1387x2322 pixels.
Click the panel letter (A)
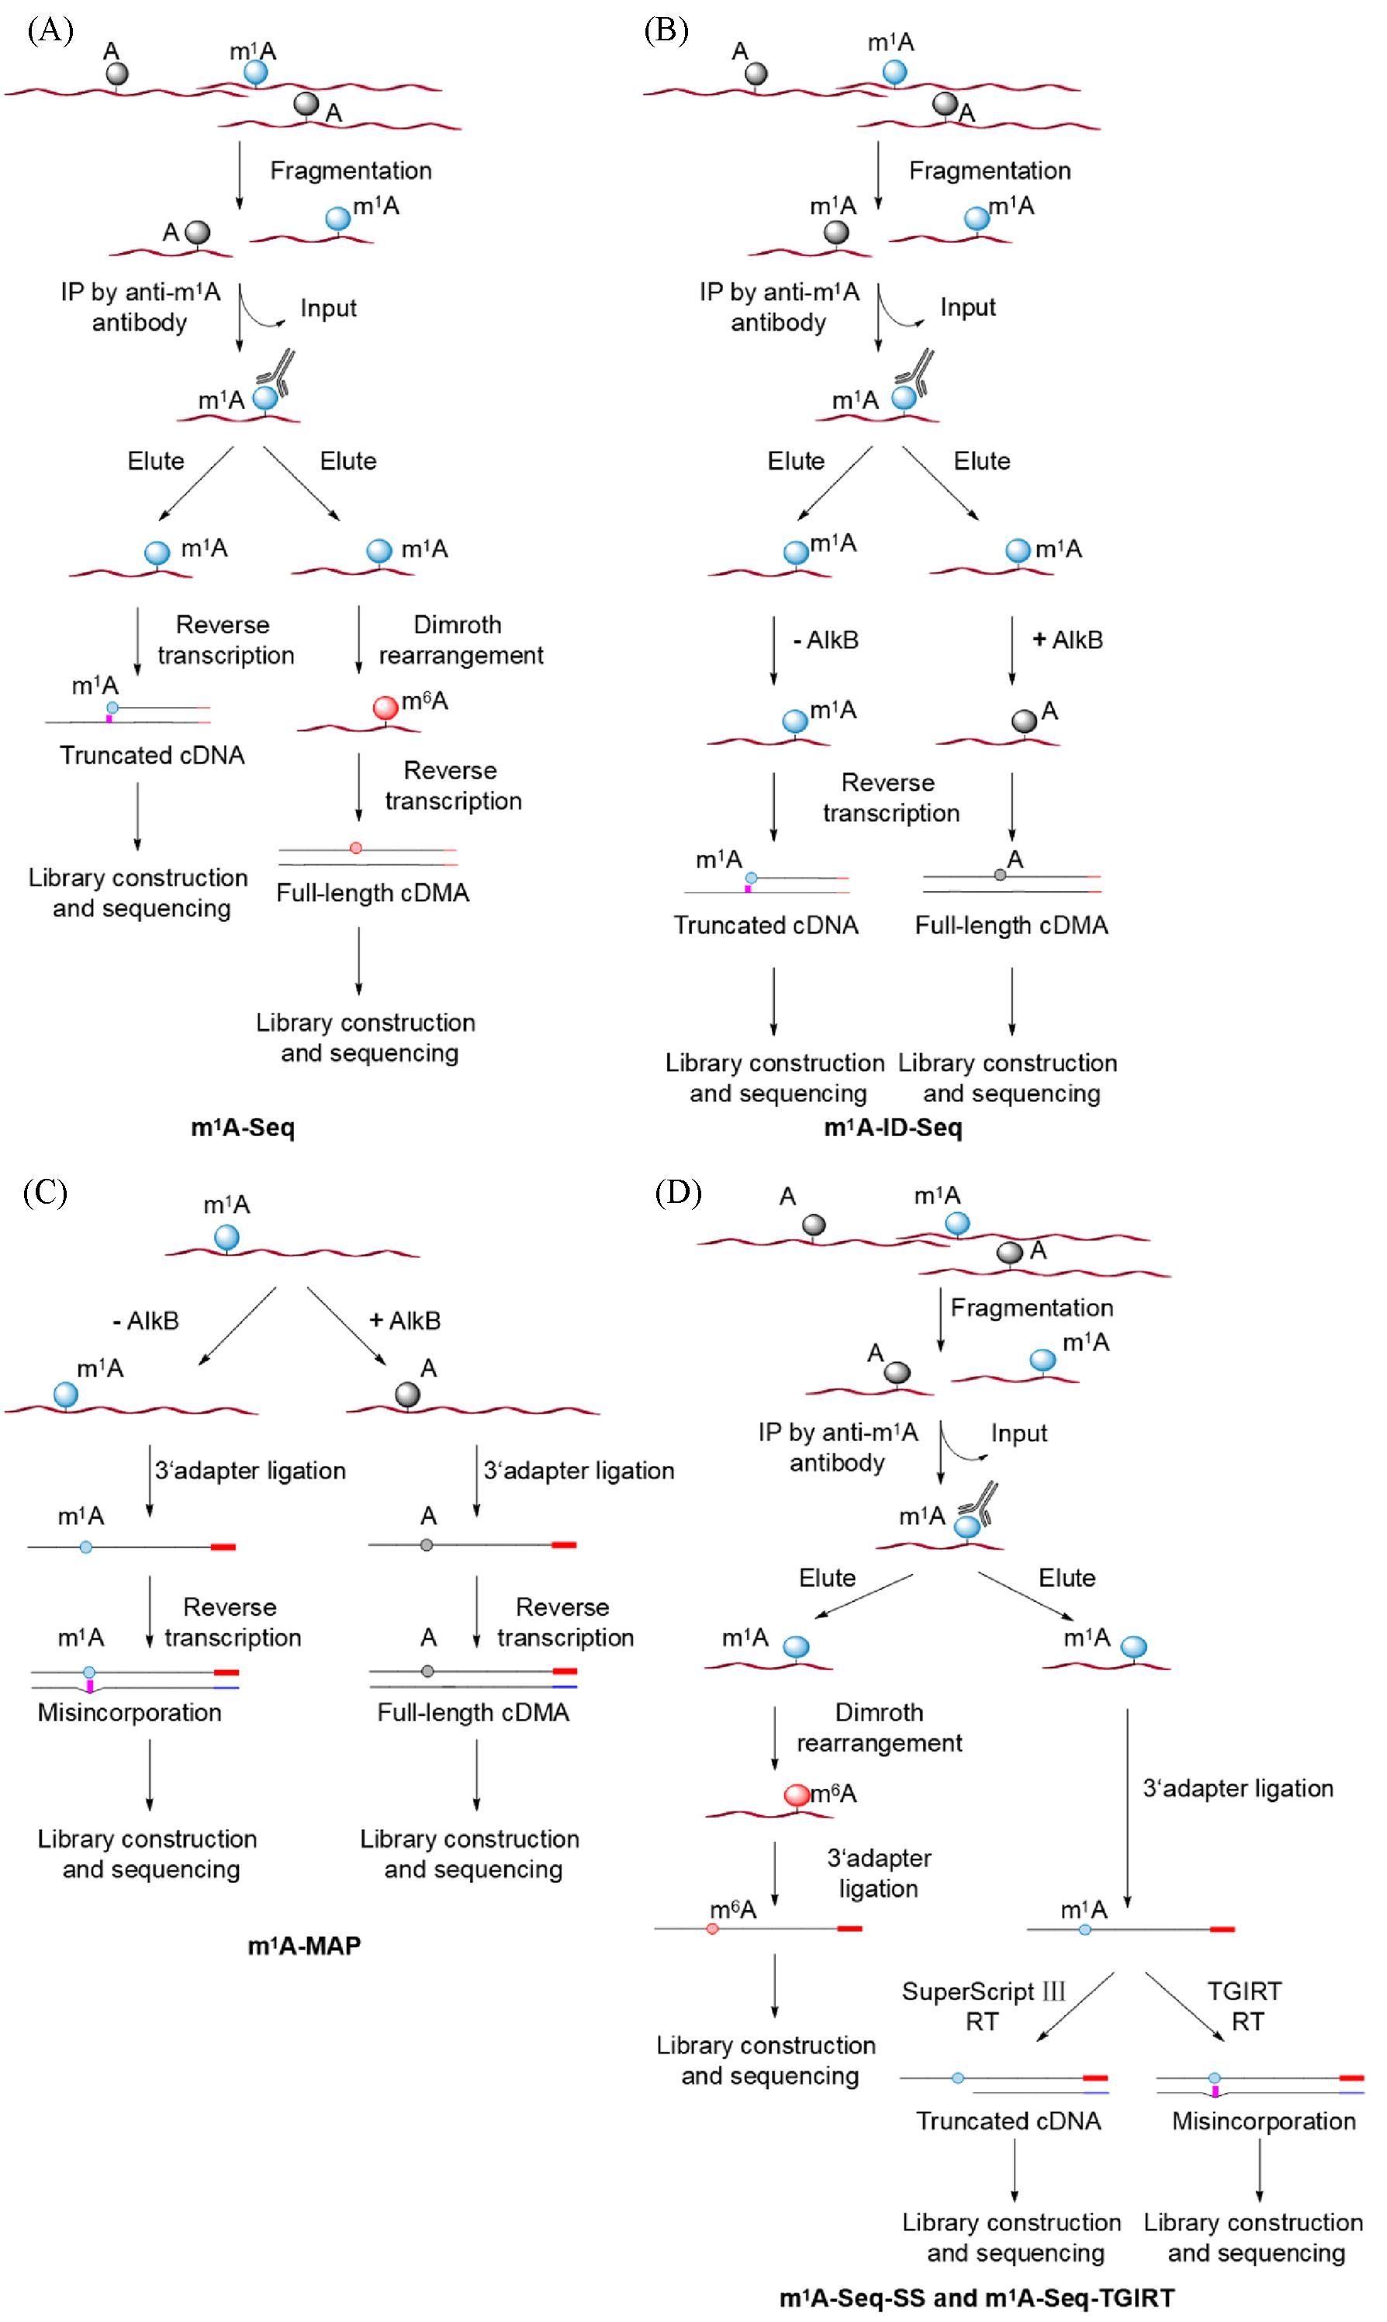click(x=50, y=31)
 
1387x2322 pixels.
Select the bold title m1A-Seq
click(x=242, y=1128)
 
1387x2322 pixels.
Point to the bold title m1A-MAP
click(x=304, y=1946)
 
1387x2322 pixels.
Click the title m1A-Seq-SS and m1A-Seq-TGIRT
click(x=976, y=2296)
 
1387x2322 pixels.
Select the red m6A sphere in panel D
click(x=797, y=1795)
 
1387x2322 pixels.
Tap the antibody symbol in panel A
click(x=278, y=371)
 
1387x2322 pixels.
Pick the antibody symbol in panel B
click(x=917, y=371)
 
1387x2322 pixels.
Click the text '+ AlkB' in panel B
click(x=1067, y=640)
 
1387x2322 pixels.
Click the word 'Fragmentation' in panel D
click(x=1031, y=1308)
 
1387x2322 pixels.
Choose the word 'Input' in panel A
click(x=328, y=308)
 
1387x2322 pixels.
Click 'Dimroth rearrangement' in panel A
click(x=460, y=640)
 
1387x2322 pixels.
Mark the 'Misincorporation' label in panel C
click(x=129, y=1713)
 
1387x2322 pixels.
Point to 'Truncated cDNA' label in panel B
click(x=766, y=925)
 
